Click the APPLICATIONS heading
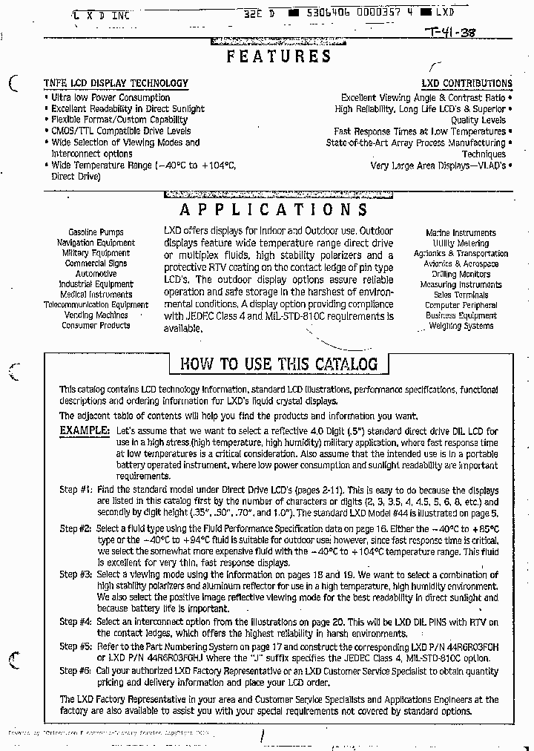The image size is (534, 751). (x=274, y=210)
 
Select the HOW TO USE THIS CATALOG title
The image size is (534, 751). (x=279, y=364)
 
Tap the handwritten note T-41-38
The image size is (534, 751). (x=450, y=33)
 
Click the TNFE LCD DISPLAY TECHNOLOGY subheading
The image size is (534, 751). (x=116, y=84)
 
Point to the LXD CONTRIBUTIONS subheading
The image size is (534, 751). (x=467, y=84)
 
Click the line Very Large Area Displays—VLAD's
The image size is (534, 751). (x=438, y=165)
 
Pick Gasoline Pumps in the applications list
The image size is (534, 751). (x=96, y=232)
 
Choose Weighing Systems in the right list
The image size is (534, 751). (x=461, y=326)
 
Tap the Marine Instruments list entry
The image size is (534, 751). (x=461, y=233)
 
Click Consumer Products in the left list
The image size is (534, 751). (x=96, y=325)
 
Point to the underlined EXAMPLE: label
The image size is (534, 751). (x=85, y=430)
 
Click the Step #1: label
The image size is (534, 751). (x=76, y=490)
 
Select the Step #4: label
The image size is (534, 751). (x=76, y=622)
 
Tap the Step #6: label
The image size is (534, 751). (x=76, y=671)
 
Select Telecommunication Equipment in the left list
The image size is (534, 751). (x=96, y=304)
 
